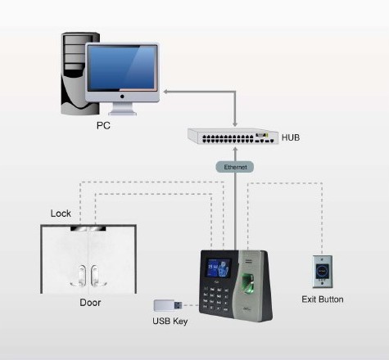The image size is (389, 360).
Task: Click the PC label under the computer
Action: [103, 125]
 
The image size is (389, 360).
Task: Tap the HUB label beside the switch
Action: [291, 137]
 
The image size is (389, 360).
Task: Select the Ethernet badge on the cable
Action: [235, 167]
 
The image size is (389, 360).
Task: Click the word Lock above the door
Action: [61, 214]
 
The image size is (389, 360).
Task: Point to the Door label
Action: [90, 303]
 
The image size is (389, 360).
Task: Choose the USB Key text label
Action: [170, 322]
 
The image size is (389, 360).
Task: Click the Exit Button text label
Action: [323, 299]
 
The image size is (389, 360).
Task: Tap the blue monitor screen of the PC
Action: [122, 68]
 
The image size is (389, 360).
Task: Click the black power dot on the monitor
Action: [122, 97]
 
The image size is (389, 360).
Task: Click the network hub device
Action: [233, 137]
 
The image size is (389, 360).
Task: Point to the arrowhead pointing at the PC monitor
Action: [165, 92]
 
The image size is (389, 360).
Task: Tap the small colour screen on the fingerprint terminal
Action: [218, 268]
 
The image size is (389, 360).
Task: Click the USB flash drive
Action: [168, 305]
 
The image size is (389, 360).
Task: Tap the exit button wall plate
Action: [323, 272]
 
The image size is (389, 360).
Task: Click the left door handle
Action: [81, 276]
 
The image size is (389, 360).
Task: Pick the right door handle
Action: [96, 276]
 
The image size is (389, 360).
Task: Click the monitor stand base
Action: [122, 113]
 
